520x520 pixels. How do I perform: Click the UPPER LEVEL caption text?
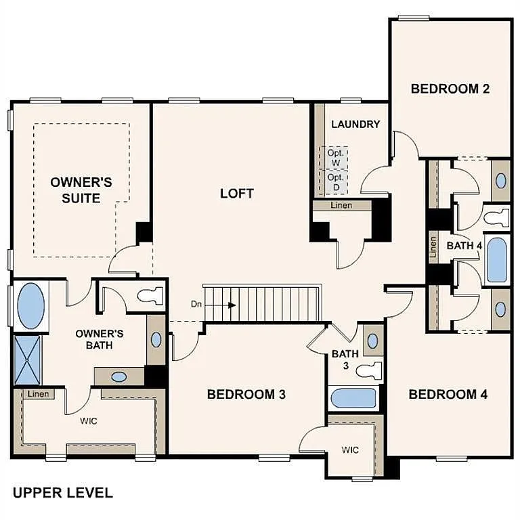[62, 492]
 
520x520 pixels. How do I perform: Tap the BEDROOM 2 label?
[450, 88]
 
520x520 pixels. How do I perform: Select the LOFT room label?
[237, 194]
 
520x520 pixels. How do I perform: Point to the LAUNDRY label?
[355, 124]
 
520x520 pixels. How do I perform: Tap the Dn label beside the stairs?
[196, 305]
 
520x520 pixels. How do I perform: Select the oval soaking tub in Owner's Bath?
[30, 306]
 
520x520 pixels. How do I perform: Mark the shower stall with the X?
[28, 360]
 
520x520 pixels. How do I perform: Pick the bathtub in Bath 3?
[353, 398]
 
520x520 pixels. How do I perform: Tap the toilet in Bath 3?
[370, 370]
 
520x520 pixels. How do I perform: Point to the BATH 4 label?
[464, 246]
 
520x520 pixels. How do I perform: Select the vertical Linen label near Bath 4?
[433, 246]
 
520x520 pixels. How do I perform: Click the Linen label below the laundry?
[342, 205]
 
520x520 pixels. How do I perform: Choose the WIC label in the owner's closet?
[89, 421]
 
